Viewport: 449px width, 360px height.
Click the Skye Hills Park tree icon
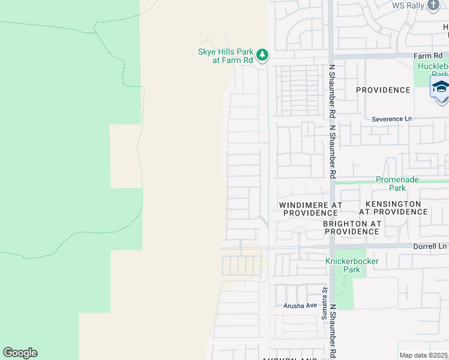point(262,56)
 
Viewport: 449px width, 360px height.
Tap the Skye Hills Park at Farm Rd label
point(226,56)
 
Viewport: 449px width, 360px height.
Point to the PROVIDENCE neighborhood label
point(383,90)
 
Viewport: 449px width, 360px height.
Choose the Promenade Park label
point(397,184)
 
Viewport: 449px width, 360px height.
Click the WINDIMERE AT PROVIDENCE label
point(310,209)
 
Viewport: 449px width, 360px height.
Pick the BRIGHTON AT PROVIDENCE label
point(352,227)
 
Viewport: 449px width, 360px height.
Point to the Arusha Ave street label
point(300,305)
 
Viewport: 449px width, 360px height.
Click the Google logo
point(20,353)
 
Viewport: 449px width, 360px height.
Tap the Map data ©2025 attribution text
point(424,355)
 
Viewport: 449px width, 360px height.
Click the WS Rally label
point(408,5)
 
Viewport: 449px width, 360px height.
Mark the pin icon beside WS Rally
point(434,5)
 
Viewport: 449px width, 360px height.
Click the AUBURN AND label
point(289,358)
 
